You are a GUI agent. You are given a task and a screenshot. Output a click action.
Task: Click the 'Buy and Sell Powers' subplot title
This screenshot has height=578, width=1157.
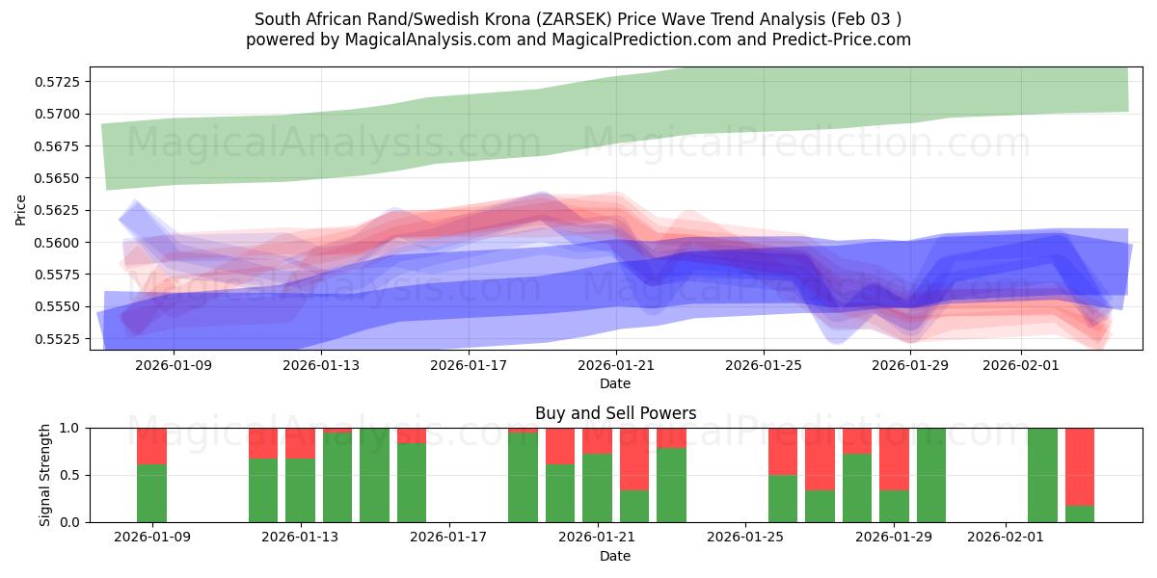pyautogui.click(x=615, y=414)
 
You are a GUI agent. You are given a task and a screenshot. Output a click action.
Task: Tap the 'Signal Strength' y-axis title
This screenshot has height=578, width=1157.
pyautogui.click(x=45, y=475)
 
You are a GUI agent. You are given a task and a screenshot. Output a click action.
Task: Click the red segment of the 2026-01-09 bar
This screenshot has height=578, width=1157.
pyautogui.click(x=151, y=446)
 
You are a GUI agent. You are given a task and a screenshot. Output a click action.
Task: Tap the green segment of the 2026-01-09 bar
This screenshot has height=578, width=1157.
pyautogui.click(x=151, y=493)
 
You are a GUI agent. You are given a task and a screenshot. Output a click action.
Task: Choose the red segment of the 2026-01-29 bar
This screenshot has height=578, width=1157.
pyautogui.click(x=894, y=459)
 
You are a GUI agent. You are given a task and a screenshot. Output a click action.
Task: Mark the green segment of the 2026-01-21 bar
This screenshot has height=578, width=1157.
pyautogui.click(x=597, y=487)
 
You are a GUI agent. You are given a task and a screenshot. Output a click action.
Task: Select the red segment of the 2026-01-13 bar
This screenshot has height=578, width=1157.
pyautogui.click(x=300, y=443)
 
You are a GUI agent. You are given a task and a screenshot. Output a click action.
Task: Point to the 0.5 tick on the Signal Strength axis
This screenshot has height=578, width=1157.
pyautogui.click(x=69, y=475)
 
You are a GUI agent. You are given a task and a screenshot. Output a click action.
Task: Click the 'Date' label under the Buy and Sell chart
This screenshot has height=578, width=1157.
pyautogui.click(x=615, y=556)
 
